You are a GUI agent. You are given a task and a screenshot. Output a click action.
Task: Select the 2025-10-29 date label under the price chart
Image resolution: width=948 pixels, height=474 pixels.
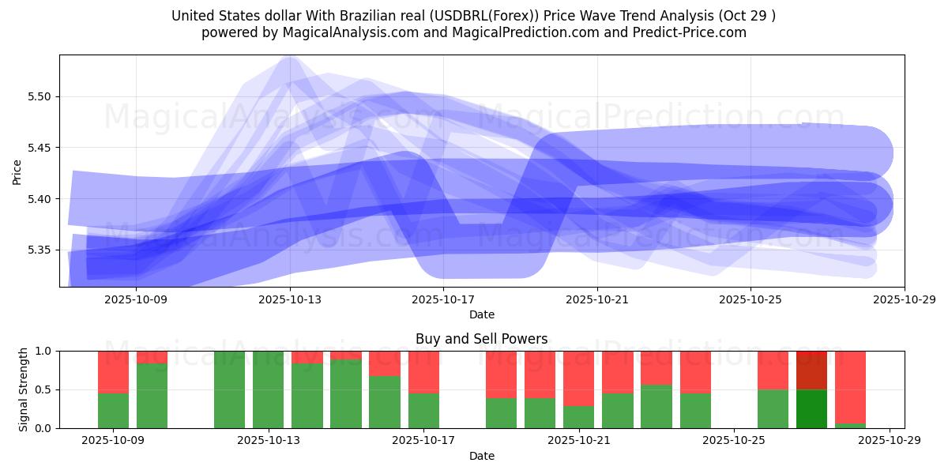(904, 299)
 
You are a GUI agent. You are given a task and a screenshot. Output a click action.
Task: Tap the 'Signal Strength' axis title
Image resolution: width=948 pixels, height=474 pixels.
(24, 389)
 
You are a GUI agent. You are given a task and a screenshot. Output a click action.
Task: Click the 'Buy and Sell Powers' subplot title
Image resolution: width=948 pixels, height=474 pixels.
(481, 339)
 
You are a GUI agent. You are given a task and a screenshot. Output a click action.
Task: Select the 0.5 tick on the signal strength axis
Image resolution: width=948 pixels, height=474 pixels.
(43, 389)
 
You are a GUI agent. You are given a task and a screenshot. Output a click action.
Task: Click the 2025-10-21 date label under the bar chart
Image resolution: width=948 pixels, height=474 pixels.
(579, 441)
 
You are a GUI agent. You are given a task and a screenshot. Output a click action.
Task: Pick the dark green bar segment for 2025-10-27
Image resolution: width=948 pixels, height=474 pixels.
(811, 408)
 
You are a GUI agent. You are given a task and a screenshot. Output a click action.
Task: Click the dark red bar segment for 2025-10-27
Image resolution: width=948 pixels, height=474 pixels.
(811, 370)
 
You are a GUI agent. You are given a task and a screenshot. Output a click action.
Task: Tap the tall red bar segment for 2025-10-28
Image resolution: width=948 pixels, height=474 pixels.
(850, 386)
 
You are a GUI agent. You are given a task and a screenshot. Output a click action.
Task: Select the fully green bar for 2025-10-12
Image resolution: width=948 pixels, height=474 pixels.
(229, 389)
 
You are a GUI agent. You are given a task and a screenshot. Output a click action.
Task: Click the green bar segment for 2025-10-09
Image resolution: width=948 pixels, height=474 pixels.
(113, 410)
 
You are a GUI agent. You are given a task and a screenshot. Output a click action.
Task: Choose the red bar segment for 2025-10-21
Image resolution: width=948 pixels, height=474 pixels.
(579, 378)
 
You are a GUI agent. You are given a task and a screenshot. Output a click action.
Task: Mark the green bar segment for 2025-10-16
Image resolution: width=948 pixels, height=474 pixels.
(385, 401)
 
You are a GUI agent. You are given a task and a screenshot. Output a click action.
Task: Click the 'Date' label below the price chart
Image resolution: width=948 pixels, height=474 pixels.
(481, 314)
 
